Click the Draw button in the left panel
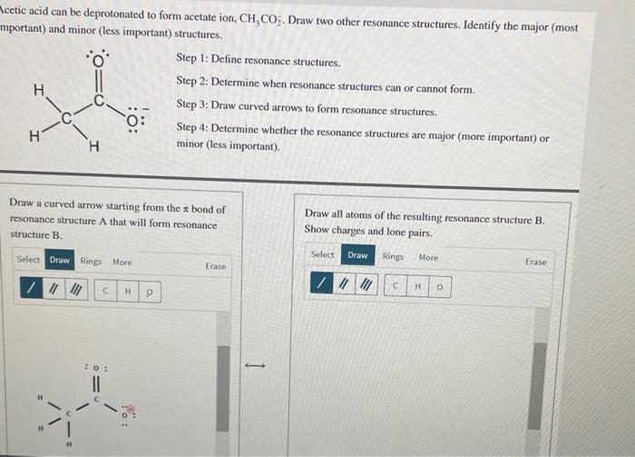[x=60, y=261]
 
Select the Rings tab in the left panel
[x=92, y=262]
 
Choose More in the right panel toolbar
[x=428, y=257]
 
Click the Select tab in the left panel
[x=28, y=260]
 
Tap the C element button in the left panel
[x=106, y=291]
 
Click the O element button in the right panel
[x=439, y=287]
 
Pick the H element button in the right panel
[x=417, y=287]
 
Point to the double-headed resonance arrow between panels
[x=256, y=367]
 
